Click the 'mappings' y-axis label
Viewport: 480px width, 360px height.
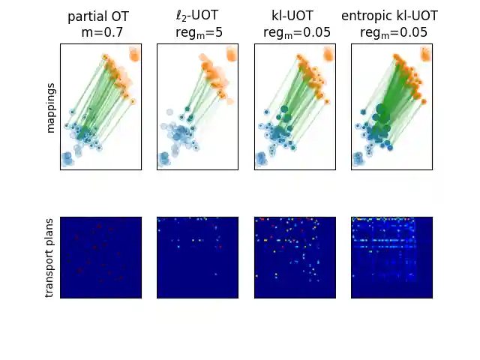51,106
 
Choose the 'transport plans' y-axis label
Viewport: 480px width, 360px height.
51,257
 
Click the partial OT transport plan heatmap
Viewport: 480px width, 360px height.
100,257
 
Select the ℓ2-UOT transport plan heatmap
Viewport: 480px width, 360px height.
197,257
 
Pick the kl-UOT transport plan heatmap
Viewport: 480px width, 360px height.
295,257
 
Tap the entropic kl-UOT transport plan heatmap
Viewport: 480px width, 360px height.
391,257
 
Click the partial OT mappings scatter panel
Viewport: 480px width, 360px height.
100,106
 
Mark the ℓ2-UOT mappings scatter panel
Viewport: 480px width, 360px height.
197,106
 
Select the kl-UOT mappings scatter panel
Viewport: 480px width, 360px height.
295,106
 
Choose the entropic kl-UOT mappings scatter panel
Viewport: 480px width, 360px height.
391,106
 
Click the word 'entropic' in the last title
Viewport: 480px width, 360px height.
364,16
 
